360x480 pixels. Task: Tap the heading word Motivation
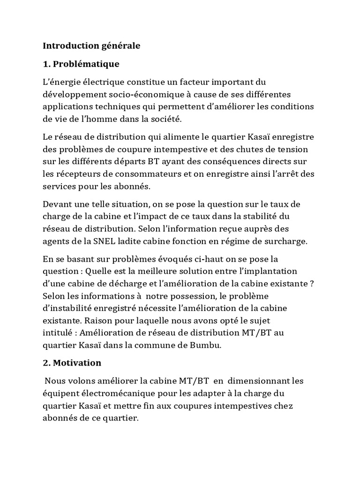77,363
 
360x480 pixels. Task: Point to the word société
164,119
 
